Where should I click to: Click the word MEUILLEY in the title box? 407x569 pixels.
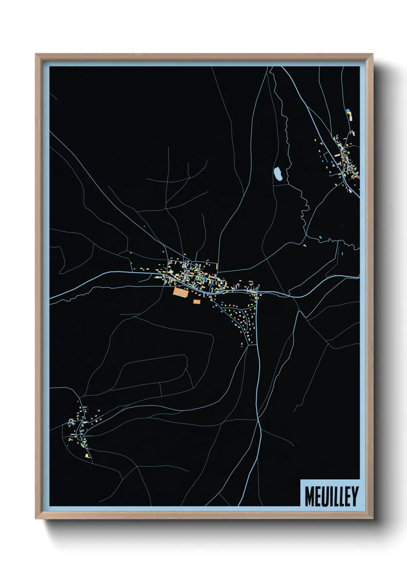(331, 496)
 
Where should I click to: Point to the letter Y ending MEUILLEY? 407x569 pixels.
(354, 496)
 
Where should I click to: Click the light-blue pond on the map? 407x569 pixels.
(278, 175)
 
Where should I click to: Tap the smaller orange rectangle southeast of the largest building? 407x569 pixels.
(197, 302)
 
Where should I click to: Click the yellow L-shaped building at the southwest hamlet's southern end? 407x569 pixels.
(88, 456)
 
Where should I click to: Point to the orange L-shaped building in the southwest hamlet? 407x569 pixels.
(70, 439)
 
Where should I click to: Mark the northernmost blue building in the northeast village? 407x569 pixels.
(348, 111)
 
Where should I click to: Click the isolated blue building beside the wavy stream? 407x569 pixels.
(320, 237)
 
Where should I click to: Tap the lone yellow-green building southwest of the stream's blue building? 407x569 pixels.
(305, 246)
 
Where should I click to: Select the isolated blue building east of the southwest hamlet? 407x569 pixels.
(99, 411)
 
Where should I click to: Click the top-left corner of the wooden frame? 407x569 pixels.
(36, 54)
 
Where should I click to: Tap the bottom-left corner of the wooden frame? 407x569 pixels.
(36, 519)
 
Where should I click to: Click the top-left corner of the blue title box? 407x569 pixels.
(300, 480)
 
